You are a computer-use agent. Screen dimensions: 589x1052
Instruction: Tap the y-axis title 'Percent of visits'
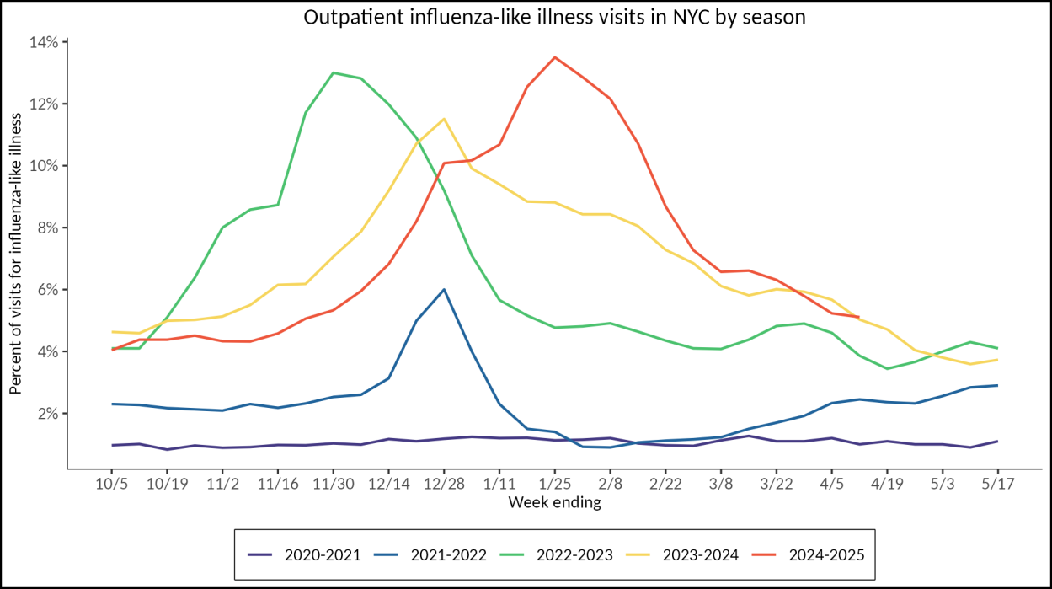16,253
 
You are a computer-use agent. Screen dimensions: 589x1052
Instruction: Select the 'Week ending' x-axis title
554,503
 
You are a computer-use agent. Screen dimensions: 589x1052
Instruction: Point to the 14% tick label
45,42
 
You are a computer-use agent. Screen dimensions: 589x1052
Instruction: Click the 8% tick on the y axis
48,228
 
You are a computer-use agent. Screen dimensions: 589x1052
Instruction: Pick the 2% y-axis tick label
48,414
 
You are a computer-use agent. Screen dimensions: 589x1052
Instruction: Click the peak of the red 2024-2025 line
554,57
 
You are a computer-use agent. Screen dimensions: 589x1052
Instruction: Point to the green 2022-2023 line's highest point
334,72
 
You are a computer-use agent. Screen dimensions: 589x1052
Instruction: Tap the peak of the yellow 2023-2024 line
444,119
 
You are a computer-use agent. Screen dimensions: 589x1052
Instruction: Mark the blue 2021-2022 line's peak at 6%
444,289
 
